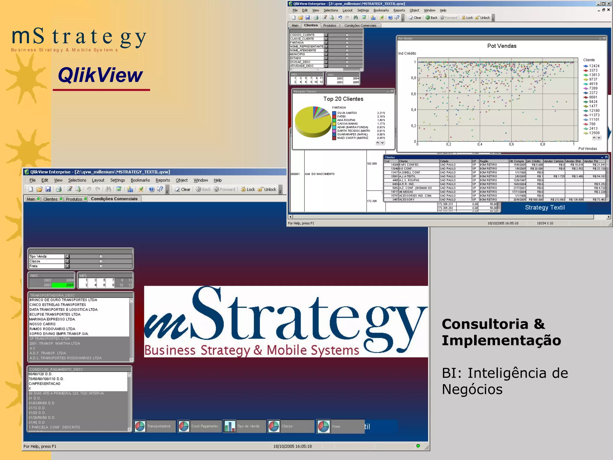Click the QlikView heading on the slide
100,75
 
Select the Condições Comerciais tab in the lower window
114,199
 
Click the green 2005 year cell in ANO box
69,285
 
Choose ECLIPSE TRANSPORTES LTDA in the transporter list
55,314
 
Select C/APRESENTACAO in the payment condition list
45,384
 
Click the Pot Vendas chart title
502,46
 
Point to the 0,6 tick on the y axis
413,94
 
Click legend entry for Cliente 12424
594,66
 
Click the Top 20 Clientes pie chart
312,122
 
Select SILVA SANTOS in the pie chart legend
347,113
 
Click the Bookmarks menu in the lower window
140,180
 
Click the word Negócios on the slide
472,389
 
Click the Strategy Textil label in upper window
545,208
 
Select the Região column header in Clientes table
484,161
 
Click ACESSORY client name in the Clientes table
407,199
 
